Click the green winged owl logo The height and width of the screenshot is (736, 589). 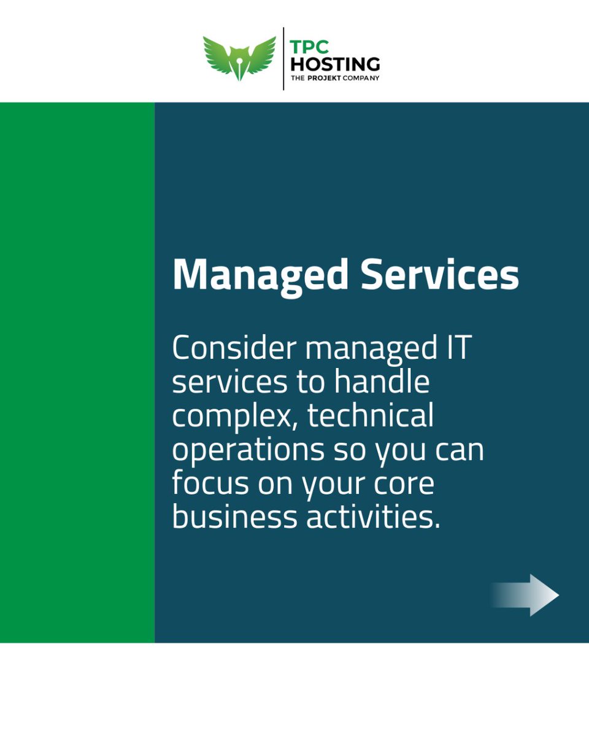pyautogui.click(x=239, y=58)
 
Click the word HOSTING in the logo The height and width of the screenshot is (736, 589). pyautogui.click(x=335, y=63)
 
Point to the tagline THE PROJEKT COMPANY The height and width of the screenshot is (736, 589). pyautogui.click(x=335, y=78)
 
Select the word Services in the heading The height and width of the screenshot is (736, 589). pyautogui.click(x=440, y=275)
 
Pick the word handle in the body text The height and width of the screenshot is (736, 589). pyautogui.click(x=382, y=383)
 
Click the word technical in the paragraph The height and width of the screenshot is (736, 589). pyautogui.click(x=371, y=416)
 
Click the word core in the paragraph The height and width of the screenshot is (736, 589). pyautogui.click(x=403, y=485)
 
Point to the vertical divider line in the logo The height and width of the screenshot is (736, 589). pyautogui.click(x=283, y=59)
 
